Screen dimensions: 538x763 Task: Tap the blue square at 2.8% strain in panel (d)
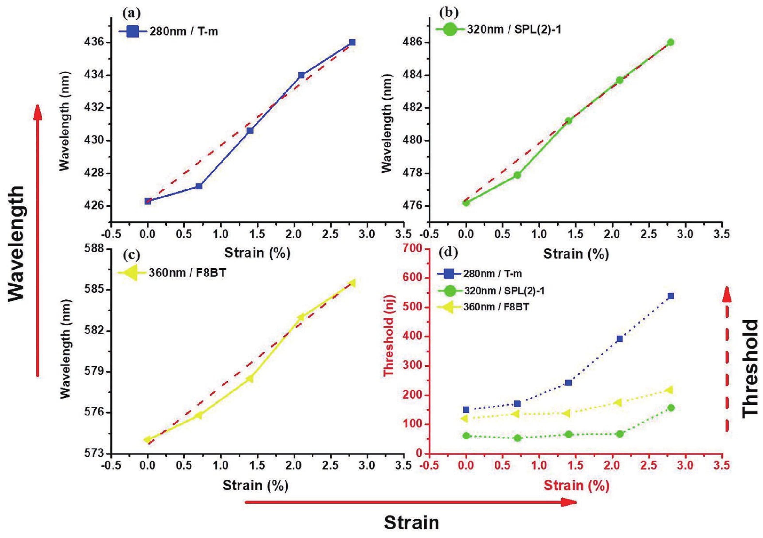point(671,296)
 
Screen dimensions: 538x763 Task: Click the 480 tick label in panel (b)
point(413,141)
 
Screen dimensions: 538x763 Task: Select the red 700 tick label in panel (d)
point(413,249)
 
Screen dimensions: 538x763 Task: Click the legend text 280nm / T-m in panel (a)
point(183,32)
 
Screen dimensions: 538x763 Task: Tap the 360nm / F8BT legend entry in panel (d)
point(496,307)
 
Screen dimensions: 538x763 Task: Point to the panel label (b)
point(449,13)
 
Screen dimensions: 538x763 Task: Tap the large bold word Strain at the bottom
point(411,523)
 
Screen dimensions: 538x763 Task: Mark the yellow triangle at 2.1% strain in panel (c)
point(301,317)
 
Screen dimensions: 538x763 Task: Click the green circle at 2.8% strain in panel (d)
point(671,408)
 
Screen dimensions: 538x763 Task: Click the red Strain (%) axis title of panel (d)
point(576,485)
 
